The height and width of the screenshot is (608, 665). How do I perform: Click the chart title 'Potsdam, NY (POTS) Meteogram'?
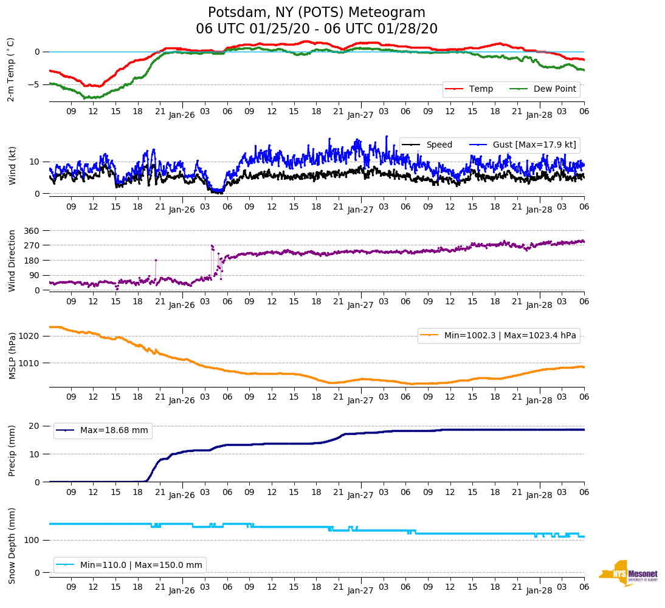tap(317, 13)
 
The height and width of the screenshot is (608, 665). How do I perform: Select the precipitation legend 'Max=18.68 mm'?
tap(114, 431)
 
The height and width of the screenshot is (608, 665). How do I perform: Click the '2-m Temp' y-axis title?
tap(11, 69)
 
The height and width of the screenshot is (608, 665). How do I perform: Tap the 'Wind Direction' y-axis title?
tap(12, 261)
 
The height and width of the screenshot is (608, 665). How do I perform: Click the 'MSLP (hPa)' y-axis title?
tap(12, 356)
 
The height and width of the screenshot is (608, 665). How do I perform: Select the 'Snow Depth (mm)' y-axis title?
tap(12, 545)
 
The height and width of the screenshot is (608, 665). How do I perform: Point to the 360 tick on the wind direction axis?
tap(32, 231)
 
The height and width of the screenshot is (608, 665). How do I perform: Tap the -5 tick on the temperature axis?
tap(36, 84)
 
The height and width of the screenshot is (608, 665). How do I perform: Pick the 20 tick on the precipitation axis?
tap(36, 426)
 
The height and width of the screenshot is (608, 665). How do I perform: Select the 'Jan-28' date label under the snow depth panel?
tap(539, 590)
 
